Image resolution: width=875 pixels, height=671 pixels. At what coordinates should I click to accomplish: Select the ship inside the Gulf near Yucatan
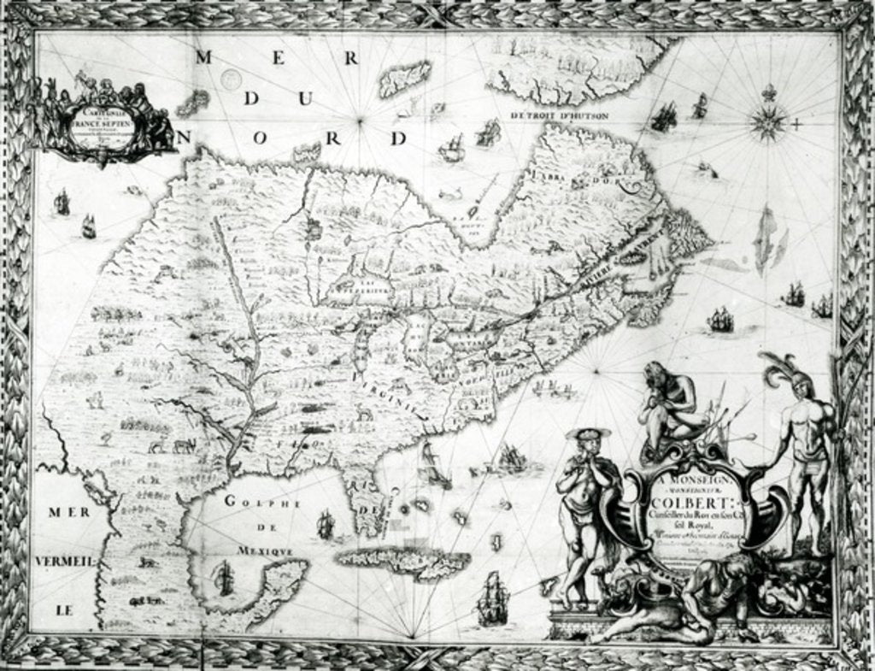224,579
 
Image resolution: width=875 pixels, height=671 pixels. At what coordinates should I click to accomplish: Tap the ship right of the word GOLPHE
325,525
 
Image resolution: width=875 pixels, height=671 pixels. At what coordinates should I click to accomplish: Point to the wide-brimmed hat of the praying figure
588,434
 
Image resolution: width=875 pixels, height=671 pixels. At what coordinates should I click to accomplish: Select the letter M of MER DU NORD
203,58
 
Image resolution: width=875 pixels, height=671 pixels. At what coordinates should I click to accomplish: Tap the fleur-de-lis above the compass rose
767,91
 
